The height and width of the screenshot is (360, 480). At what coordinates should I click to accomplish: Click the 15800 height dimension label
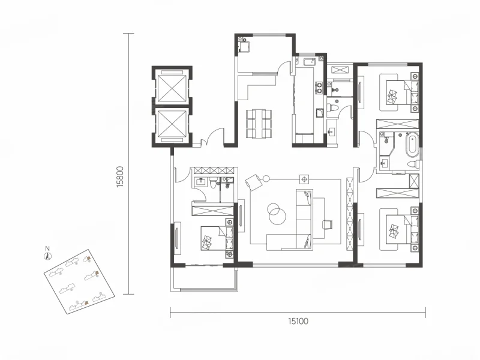click(x=120, y=176)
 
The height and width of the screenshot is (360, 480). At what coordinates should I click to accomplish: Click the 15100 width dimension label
click(x=298, y=321)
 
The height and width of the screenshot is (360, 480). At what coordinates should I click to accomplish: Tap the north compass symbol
click(x=47, y=254)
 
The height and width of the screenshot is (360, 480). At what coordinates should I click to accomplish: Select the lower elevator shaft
click(x=171, y=125)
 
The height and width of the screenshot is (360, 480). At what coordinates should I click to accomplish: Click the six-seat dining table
click(x=259, y=124)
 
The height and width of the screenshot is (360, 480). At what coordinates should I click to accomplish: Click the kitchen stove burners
click(x=319, y=87)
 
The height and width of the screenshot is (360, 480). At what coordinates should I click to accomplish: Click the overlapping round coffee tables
click(x=277, y=214)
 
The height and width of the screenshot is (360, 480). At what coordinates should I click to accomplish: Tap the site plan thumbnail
click(x=80, y=281)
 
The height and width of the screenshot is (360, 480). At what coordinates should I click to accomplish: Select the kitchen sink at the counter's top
click(x=310, y=62)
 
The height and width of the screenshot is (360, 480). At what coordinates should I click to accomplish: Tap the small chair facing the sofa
click(x=327, y=223)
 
